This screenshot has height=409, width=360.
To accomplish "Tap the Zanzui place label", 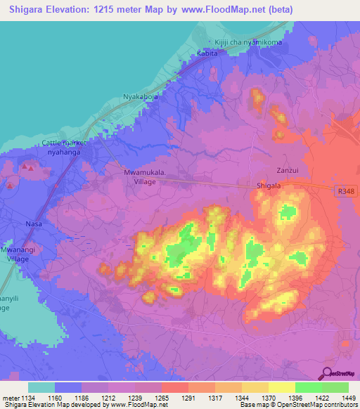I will [x=288, y=169].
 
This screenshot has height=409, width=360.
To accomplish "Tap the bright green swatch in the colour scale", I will [x=308, y=387].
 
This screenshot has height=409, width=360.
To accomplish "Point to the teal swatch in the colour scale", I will [x=41, y=387].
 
